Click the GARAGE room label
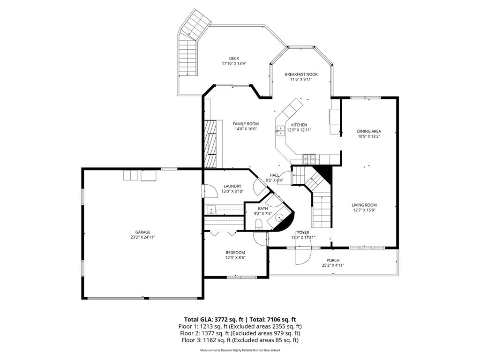[x=142, y=232]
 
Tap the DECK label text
[x=234, y=59]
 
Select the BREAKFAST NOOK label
[x=301, y=74]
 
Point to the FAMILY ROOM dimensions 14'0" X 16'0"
[x=246, y=130]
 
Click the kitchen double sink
[x=280, y=130]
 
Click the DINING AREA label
[x=368, y=131]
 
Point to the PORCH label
[x=333, y=260]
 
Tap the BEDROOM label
[x=235, y=253]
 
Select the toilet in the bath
[x=258, y=226]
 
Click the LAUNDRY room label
[x=232, y=186]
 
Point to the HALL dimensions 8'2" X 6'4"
[x=274, y=180]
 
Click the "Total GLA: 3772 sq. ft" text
[x=211, y=319]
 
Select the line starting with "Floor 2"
[x=240, y=333]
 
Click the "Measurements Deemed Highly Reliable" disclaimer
[x=240, y=350]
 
